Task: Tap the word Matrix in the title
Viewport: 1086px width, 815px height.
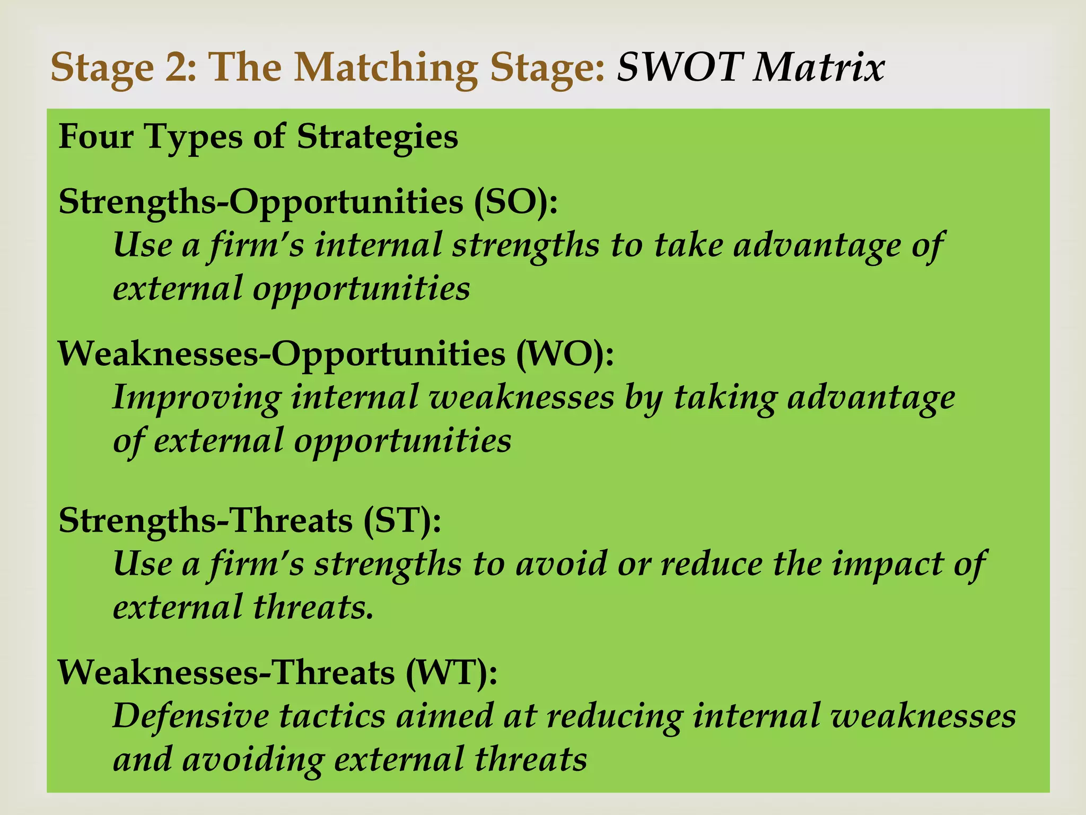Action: pyautogui.click(x=819, y=67)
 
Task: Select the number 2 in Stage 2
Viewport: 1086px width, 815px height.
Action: pyautogui.click(x=180, y=67)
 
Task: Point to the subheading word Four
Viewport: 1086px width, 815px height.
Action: pyautogui.click(x=95, y=136)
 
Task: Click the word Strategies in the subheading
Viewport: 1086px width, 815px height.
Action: pyautogui.click(x=377, y=137)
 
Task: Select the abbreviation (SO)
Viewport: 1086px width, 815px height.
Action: pyautogui.click(x=514, y=202)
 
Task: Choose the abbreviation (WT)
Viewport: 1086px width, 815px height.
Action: pyautogui.click(x=451, y=672)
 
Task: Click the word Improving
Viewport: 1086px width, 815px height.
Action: pyautogui.click(x=197, y=398)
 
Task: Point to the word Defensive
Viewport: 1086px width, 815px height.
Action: pyautogui.click(x=191, y=716)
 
